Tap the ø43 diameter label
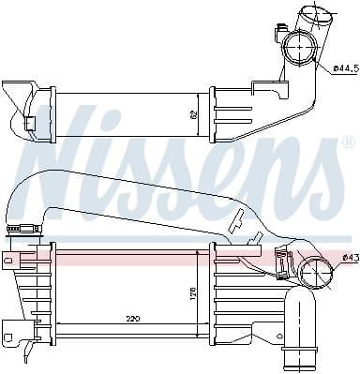click(349, 257)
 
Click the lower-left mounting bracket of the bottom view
click(15, 331)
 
